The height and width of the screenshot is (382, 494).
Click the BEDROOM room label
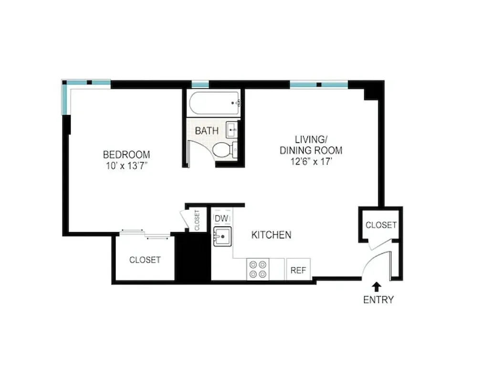[x=126, y=155]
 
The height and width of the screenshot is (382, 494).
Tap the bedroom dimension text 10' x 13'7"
[x=126, y=166]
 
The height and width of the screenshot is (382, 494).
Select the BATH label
[x=207, y=130]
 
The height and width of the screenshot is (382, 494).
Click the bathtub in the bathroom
[x=214, y=103]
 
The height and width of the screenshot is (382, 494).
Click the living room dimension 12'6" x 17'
[x=312, y=161]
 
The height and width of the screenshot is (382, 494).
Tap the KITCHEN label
[x=271, y=235]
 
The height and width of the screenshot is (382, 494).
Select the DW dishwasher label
[x=221, y=219]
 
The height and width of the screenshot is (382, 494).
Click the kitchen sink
[x=222, y=236]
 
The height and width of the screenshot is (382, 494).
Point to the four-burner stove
[x=258, y=268]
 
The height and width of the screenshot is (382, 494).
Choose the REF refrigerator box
[x=298, y=270]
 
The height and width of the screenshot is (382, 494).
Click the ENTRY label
[x=378, y=300]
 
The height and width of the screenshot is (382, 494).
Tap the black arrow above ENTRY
[x=377, y=286]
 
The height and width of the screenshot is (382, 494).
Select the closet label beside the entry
[x=380, y=225]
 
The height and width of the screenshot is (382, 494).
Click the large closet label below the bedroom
[x=145, y=260]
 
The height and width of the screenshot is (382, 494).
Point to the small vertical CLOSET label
[x=197, y=220]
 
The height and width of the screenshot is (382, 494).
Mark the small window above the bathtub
[x=200, y=85]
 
